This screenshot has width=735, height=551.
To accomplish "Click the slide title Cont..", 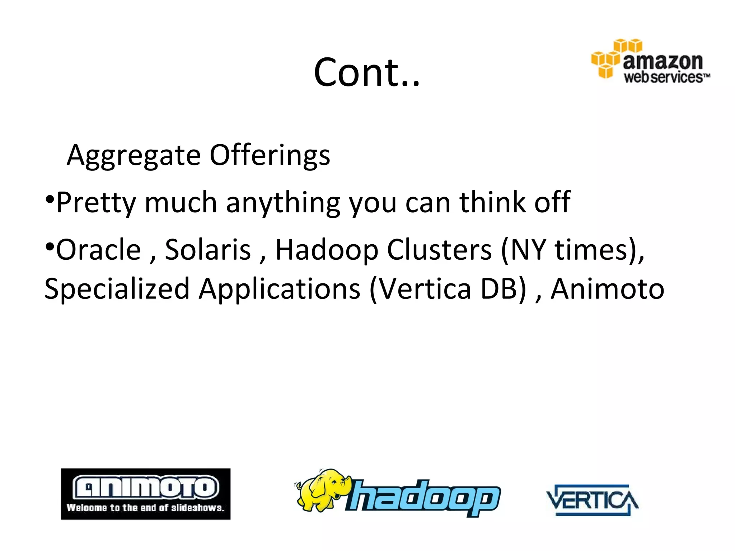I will click(x=366, y=72).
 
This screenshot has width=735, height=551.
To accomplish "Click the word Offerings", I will click(x=270, y=155).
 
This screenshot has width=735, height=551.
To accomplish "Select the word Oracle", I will click(x=98, y=250).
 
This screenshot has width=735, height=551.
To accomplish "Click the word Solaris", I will click(x=208, y=250).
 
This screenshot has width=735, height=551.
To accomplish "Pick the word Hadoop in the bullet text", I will click(x=326, y=250).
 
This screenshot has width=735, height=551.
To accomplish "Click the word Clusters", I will click(x=439, y=250).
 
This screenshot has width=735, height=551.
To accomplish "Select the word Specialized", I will click(x=117, y=289).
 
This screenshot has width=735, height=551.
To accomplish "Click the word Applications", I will click(x=280, y=289).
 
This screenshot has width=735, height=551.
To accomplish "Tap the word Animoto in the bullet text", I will click(x=607, y=289).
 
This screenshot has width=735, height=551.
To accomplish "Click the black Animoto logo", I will click(x=146, y=494).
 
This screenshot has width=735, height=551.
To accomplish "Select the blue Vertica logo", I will click(x=592, y=500).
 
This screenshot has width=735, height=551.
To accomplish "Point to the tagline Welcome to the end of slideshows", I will click(x=145, y=508).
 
